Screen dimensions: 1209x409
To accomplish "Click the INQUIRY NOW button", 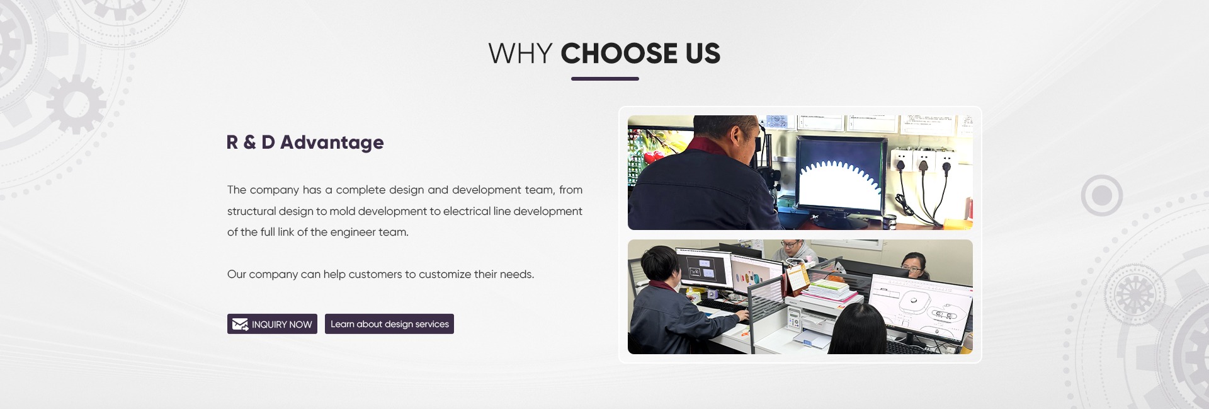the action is point(272,324).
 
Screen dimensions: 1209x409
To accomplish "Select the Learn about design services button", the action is point(389,324).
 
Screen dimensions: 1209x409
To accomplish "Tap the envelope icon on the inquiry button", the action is point(240,325).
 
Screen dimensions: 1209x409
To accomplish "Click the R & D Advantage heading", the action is point(305,142).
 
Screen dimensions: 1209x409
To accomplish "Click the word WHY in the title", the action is point(520,54).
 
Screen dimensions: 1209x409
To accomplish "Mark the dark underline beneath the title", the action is point(605,79).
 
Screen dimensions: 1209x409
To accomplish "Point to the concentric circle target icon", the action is point(1102,196).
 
